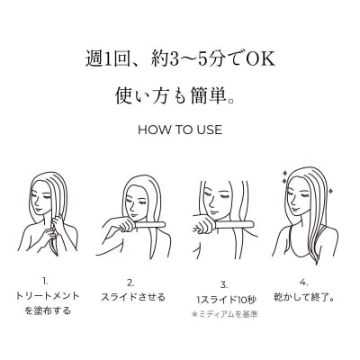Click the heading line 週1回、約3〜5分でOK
click(x=180, y=61)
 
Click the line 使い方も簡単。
click(x=180, y=94)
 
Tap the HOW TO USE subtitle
click(x=180, y=129)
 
